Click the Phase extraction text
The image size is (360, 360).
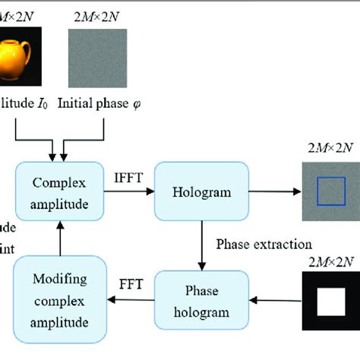264,245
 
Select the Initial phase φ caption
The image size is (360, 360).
103,103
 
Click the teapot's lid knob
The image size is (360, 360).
28,35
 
